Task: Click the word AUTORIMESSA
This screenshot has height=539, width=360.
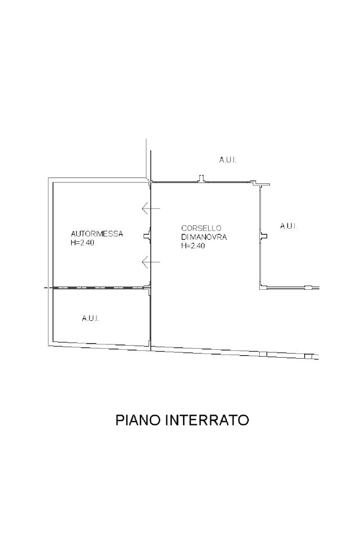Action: pyautogui.click(x=97, y=234)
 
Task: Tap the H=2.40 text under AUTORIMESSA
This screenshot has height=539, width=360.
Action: pyautogui.click(x=82, y=243)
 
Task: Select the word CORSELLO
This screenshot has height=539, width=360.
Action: pyautogui.click(x=197, y=228)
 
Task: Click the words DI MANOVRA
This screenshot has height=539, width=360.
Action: pyautogui.click(x=204, y=237)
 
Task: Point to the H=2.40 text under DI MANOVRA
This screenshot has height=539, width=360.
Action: pyautogui.click(x=193, y=246)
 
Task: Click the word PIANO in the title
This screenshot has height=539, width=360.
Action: pyautogui.click(x=139, y=420)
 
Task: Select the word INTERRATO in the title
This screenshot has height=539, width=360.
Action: pyautogui.click(x=207, y=420)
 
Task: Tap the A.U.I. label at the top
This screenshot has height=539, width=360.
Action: pyautogui.click(x=228, y=159)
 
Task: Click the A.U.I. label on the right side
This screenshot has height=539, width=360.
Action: pyautogui.click(x=288, y=226)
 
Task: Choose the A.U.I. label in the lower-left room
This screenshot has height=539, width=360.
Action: pyautogui.click(x=91, y=318)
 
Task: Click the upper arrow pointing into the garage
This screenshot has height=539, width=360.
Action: pyautogui.click(x=151, y=209)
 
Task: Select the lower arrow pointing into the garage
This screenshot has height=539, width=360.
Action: pyautogui.click(x=151, y=262)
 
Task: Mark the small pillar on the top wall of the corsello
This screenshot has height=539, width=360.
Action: pyautogui.click(x=201, y=179)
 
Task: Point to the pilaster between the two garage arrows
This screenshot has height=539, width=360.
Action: pyautogui.click(x=148, y=236)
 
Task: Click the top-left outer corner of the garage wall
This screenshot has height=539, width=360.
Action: pyautogui.click(x=50, y=178)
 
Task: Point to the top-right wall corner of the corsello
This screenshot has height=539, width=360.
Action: pyautogui.click(x=259, y=184)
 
